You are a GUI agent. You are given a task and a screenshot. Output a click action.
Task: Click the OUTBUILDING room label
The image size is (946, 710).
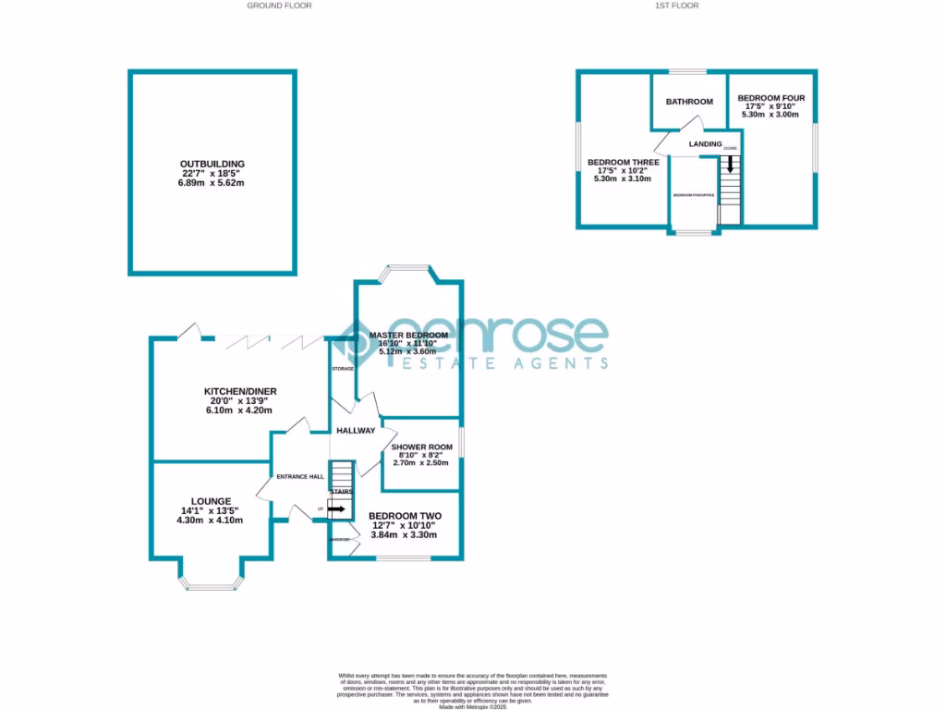click(213, 164)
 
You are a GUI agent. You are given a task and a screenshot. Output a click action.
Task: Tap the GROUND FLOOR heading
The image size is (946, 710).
click(279, 6)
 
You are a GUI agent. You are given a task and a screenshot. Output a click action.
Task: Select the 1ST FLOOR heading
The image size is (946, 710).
click(677, 6)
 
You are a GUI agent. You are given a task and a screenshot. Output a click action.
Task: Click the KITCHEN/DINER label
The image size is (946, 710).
click(240, 391)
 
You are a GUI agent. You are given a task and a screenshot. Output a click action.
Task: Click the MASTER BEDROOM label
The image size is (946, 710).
click(408, 335)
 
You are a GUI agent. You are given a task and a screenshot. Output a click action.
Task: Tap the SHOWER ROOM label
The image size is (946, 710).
click(421, 447)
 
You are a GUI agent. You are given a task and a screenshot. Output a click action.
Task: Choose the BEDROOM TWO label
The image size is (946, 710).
click(405, 516)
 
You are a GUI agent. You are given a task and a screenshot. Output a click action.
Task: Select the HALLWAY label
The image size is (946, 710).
click(356, 431)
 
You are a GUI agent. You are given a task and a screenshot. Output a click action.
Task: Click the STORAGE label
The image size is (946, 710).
click(343, 369)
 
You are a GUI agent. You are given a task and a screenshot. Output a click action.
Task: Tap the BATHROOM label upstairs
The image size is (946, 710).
click(690, 102)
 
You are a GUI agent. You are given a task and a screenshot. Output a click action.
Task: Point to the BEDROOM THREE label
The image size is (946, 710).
click(624, 163)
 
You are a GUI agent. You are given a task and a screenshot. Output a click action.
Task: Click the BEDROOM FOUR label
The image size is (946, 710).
click(771, 98)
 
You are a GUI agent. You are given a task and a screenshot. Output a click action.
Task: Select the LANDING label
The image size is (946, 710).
click(705, 143)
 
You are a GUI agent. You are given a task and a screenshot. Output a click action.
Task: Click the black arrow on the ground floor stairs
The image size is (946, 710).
click(335, 508)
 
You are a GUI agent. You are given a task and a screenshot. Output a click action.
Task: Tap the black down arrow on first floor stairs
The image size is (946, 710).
click(731, 165)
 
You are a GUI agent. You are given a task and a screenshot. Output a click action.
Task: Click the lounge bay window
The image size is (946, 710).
click(213, 583)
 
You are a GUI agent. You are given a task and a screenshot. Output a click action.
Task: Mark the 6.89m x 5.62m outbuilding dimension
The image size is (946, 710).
click(213, 183)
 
